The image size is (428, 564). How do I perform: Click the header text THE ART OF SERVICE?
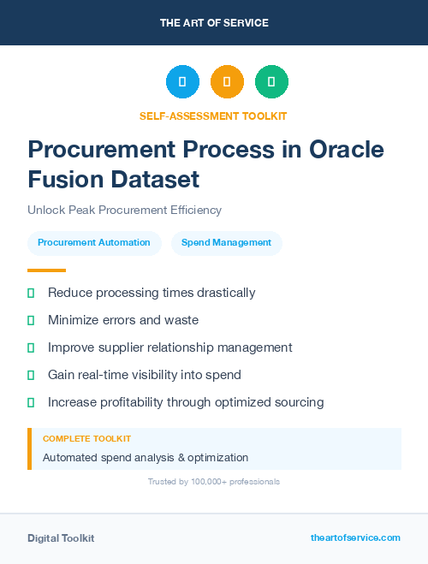(214, 23)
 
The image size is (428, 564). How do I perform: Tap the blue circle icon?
(182, 81)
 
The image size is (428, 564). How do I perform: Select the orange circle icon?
(227, 81)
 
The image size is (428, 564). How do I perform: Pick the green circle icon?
(271, 81)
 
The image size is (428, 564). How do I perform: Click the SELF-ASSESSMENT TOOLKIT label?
(213, 116)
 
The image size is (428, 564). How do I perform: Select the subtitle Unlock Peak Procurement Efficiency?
(124, 210)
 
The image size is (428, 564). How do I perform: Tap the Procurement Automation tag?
(94, 243)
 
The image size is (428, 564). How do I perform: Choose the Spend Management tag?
(227, 243)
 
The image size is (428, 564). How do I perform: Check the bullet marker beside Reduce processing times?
(31, 293)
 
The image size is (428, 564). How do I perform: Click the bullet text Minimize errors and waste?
(123, 320)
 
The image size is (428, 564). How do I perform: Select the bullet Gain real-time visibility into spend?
(145, 375)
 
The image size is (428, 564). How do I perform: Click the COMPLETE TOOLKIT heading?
(86, 438)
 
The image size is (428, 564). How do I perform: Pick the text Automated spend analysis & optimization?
(146, 458)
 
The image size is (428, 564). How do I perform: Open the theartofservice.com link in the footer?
(355, 537)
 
